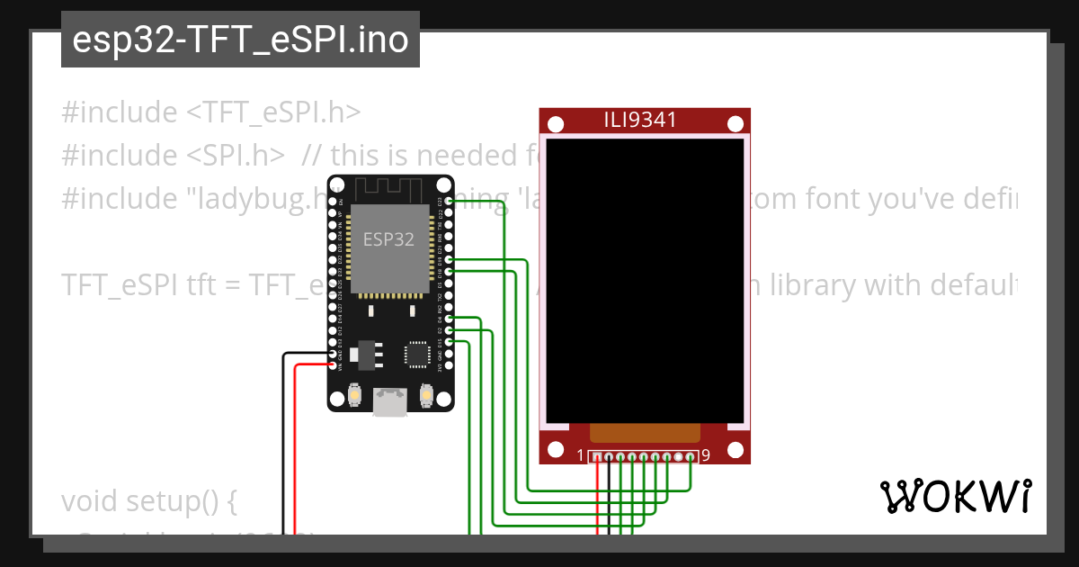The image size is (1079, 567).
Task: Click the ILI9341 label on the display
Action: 645,120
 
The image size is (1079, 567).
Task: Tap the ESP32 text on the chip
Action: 388,239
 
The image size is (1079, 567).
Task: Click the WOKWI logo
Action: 955,496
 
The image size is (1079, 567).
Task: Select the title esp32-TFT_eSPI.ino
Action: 240,40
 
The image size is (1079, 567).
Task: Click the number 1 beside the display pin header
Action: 581,455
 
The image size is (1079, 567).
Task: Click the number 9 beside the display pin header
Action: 706,455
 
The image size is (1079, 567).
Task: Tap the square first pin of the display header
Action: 597,457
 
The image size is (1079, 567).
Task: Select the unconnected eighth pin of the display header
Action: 679,457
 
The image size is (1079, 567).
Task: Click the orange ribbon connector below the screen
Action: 644,433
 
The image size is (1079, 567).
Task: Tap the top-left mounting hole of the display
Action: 556,124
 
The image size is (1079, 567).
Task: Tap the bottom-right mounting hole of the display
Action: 734,449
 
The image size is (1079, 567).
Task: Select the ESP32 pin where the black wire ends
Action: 334,355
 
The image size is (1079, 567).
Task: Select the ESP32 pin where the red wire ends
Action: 334,364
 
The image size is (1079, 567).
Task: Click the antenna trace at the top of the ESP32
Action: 389,190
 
